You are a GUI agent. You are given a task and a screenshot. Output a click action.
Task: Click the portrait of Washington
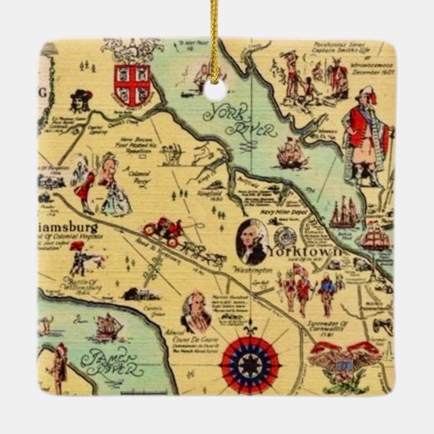[x=251, y=241]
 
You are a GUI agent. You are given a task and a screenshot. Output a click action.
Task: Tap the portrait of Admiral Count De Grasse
[x=195, y=310]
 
